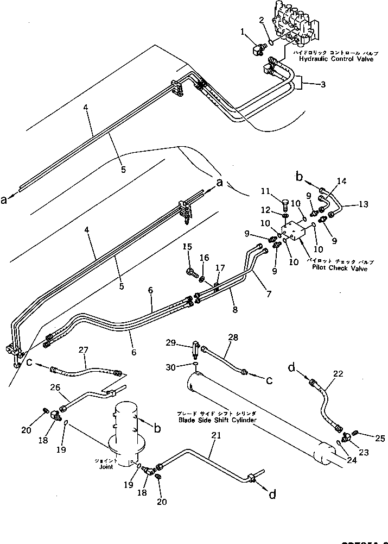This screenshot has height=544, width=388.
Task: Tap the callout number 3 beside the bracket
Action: (323, 84)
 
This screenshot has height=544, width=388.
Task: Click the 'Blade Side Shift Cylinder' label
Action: (217, 420)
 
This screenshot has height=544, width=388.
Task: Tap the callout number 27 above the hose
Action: (84, 351)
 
